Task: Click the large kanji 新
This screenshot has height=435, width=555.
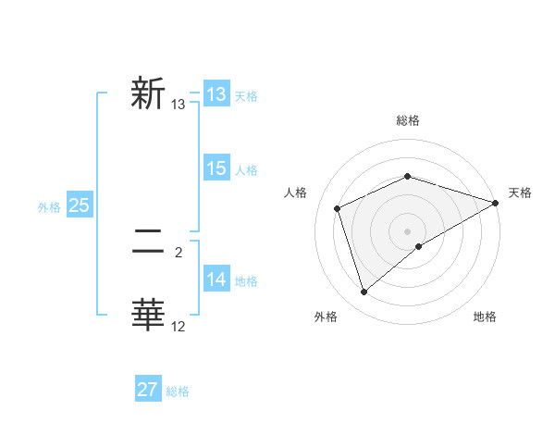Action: tap(147, 94)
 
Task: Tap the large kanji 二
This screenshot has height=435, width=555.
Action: tap(147, 243)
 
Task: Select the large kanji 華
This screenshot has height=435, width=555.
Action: tap(147, 316)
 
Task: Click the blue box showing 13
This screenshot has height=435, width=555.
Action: tap(216, 94)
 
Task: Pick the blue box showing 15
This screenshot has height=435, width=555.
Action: tap(216, 168)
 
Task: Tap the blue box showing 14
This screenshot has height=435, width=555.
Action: tap(216, 280)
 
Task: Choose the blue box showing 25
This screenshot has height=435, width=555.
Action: tap(79, 205)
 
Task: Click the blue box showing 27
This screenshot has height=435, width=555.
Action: tap(147, 389)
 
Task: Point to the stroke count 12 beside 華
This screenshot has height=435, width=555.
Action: tap(179, 326)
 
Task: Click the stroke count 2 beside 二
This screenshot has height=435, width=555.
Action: tap(179, 252)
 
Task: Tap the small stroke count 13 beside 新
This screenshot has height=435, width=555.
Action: tap(179, 105)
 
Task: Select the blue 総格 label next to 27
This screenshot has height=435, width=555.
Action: tap(178, 391)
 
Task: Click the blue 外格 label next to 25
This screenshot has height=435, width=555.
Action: tap(49, 208)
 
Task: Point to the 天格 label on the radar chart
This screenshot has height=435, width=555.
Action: tap(520, 193)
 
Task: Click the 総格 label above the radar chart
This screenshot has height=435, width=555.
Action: tap(407, 120)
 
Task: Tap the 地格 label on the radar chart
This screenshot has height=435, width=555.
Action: tap(485, 317)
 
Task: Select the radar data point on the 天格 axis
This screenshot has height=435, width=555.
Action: tap(495, 203)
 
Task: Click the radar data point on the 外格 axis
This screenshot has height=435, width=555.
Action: tap(364, 292)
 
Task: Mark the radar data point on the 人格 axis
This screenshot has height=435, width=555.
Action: tap(339, 208)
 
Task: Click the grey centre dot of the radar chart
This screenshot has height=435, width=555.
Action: tap(407, 231)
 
